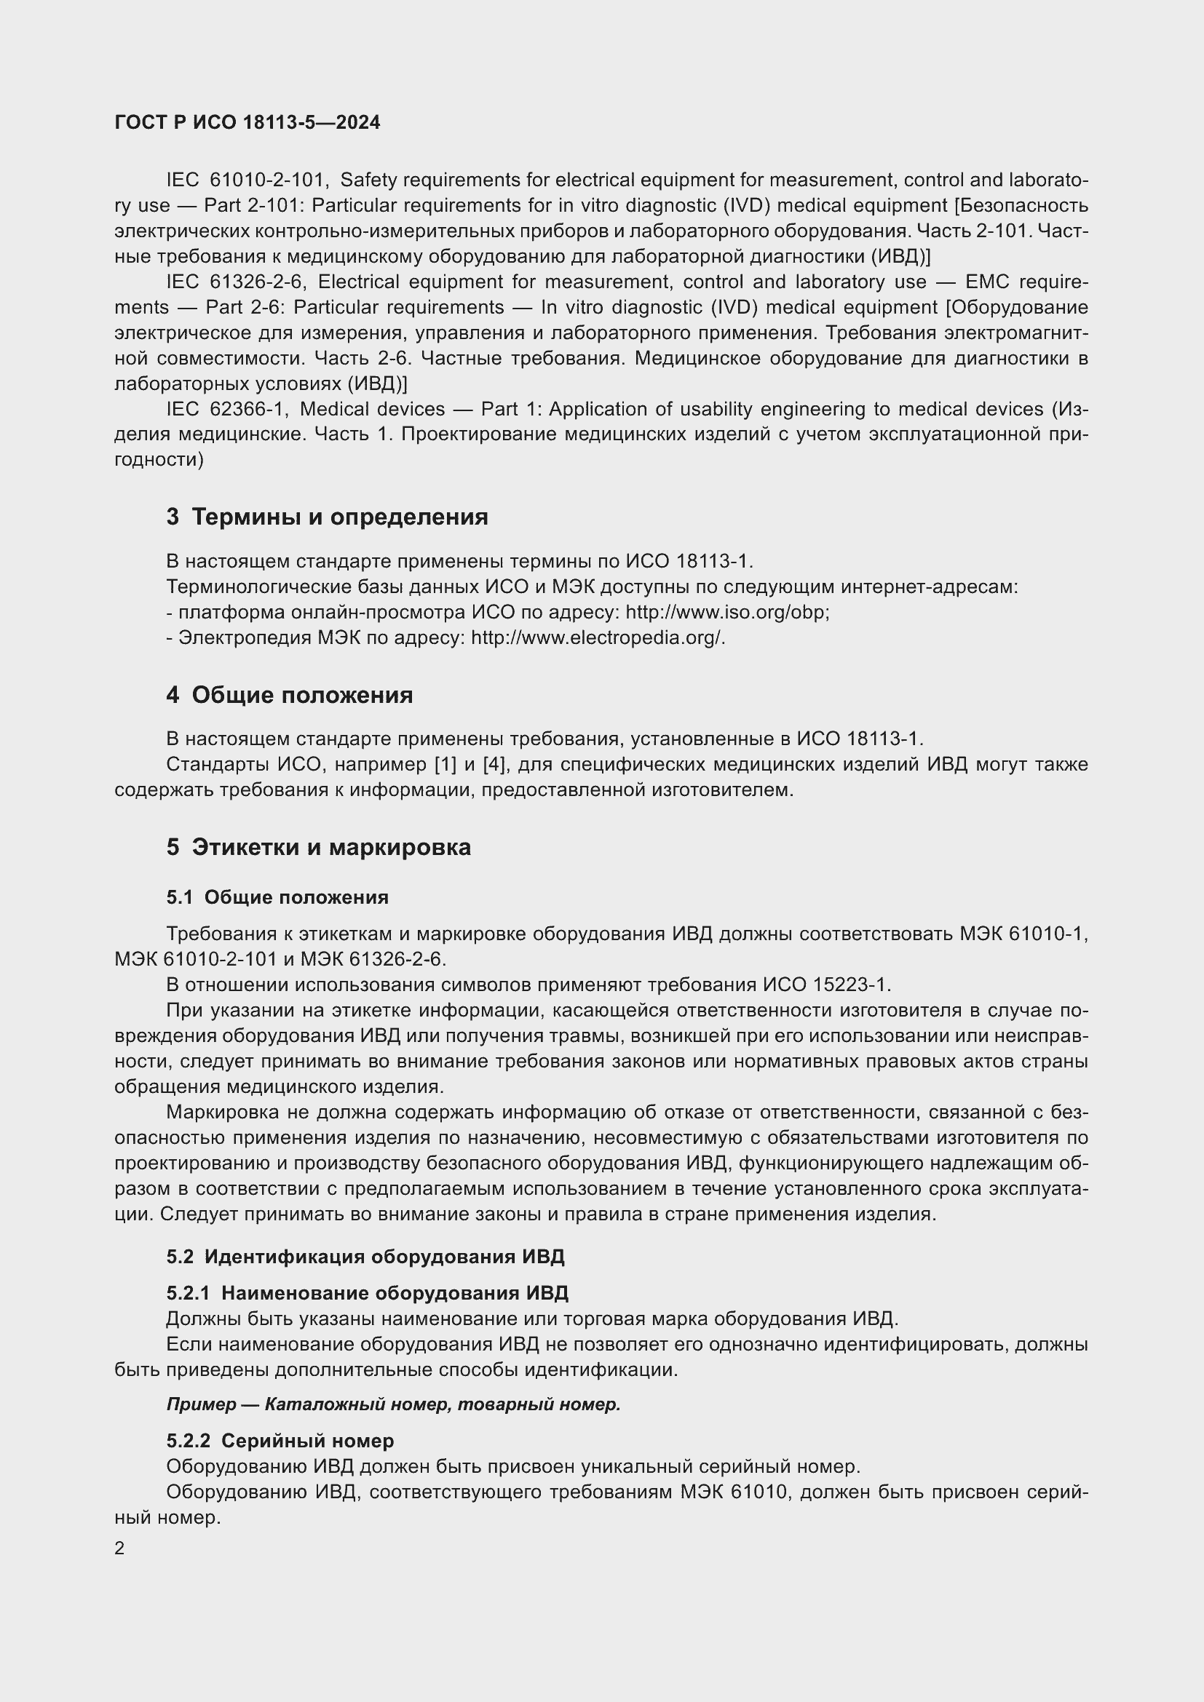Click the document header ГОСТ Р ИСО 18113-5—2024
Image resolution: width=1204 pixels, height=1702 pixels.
coord(247,122)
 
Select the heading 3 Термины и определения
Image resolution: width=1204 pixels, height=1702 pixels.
coord(327,517)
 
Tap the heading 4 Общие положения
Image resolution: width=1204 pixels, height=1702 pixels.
coord(289,695)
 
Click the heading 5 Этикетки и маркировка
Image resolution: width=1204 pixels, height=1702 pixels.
coord(318,846)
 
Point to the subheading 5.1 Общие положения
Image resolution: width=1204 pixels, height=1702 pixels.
coord(277,897)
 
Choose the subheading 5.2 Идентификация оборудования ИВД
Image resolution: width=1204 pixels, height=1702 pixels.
coord(365,1257)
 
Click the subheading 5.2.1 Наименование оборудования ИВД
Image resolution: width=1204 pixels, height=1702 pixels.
coord(367,1294)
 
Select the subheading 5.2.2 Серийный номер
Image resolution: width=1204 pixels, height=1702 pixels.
coord(280,1441)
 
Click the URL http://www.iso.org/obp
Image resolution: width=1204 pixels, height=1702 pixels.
coord(726,612)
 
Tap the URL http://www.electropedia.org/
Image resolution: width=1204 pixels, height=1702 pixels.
coord(597,637)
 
